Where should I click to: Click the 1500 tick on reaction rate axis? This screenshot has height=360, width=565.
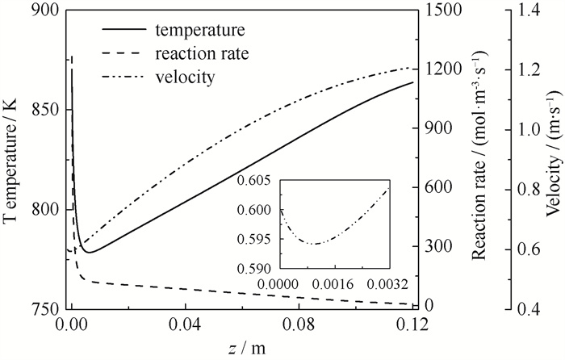click(443, 9)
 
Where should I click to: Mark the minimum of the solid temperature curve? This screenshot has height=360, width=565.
click(89, 252)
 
